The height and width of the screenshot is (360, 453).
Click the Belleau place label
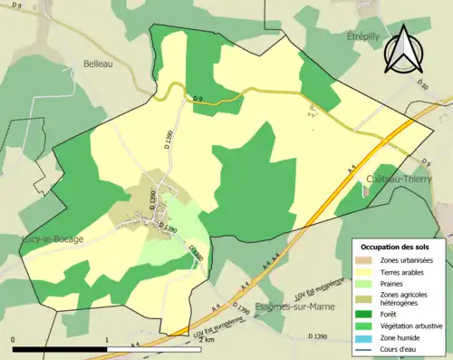(x=97, y=63)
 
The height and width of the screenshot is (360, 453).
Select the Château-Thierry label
(x=399, y=180)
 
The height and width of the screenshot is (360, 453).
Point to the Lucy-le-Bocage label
(x=53, y=239)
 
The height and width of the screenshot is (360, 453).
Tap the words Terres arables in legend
(x=405, y=271)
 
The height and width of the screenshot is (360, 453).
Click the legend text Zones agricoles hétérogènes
(x=405, y=299)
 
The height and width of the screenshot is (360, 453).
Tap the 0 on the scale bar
(x=14, y=339)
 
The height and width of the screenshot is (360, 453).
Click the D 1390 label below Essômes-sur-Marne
(x=317, y=337)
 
